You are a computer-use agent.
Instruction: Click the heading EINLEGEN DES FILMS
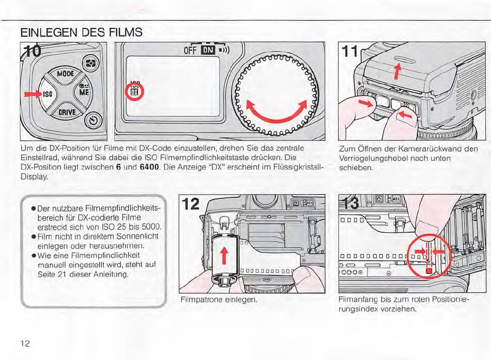[x=82, y=32]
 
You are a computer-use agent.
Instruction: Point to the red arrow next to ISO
[x=32, y=94]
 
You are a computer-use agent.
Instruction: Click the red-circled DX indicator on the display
[x=134, y=91]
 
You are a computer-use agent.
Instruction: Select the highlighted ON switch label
[x=208, y=50]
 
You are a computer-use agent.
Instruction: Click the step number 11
[x=349, y=52]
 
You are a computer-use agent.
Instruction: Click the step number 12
[x=190, y=204]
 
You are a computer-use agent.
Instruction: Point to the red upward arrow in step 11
[x=397, y=71]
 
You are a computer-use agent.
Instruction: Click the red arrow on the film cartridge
[x=224, y=256]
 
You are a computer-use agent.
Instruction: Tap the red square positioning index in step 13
[x=428, y=271]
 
